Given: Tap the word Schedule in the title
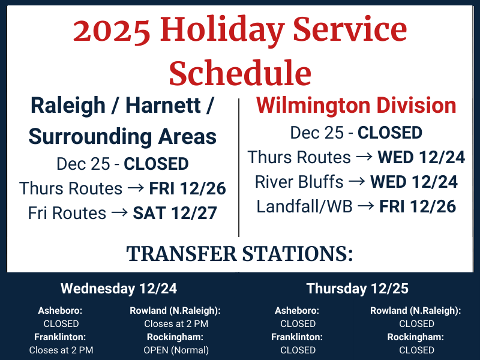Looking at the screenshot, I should pos(240,73).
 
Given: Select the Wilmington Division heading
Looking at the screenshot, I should pos(356,106).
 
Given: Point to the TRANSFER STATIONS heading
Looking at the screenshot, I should pos(240,254).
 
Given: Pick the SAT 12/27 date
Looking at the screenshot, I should pos(174,213).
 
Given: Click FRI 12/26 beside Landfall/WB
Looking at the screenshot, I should pos(418,206).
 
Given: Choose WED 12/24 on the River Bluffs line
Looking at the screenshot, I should pos(414,182).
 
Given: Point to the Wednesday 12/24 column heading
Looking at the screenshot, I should pos(119,289).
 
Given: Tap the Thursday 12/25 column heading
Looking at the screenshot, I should pos(358,289).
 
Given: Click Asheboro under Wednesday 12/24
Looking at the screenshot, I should pos(60,311).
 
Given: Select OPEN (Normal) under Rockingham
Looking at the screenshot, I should pos(177,350).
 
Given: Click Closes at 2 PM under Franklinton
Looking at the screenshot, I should pos(61,350).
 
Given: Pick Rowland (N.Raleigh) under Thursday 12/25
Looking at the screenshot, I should pos(415,311).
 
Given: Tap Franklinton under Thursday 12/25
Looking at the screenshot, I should pos(297,337).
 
